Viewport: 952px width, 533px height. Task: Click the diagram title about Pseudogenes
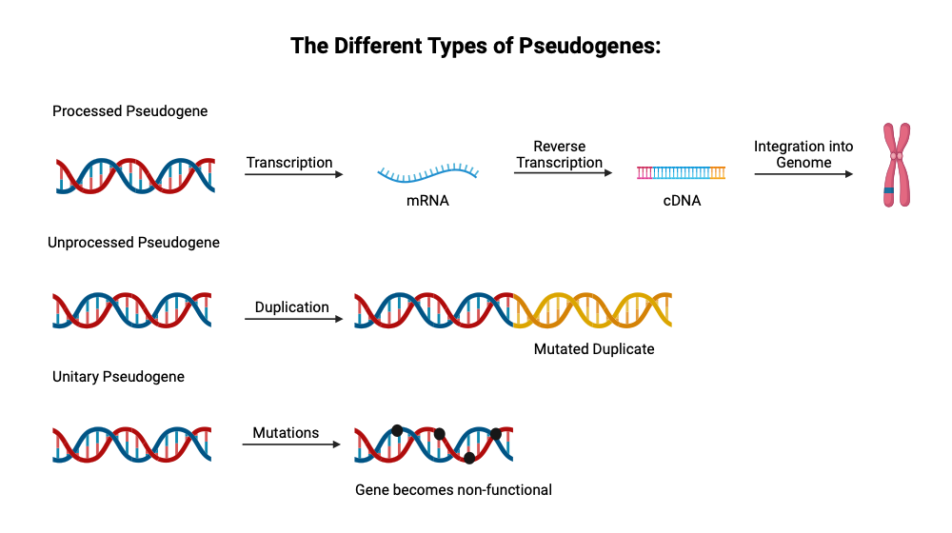pyautogui.click(x=475, y=46)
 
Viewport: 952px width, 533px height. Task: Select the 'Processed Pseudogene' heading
pyautogui.click(x=129, y=111)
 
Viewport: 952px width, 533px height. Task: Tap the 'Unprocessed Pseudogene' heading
pyautogui.click(x=133, y=243)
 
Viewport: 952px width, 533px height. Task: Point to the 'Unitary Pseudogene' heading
pyautogui.click(x=118, y=377)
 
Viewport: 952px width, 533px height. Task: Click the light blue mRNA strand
pyautogui.click(x=427, y=172)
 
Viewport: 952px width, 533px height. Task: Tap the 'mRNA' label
pyautogui.click(x=427, y=201)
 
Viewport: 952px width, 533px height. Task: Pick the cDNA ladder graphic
pyautogui.click(x=681, y=172)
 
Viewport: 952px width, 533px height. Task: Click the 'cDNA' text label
pyautogui.click(x=682, y=201)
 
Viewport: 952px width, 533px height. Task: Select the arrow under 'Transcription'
pyautogui.click(x=293, y=175)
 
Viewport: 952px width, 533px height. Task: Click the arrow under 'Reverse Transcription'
pyautogui.click(x=561, y=174)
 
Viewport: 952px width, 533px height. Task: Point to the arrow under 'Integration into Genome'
pyautogui.click(x=803, y=174)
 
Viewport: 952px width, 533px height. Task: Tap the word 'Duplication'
pyautogui.click(x=292, y=307)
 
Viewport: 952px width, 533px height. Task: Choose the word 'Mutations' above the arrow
pyautogui.click(x=286, y=433)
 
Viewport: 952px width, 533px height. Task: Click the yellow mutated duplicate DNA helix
pyautogui.click(x=592, y=310)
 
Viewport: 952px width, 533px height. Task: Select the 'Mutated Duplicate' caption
pyautogui.click(x=594, y=349)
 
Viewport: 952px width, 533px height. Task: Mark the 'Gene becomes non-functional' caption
pyautogui.click(x=453, y=490)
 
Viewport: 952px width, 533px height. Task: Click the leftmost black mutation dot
pyautogui.click(x=397, y=430)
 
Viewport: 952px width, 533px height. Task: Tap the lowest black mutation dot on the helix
pyautogui.click(x=468, y=458)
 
